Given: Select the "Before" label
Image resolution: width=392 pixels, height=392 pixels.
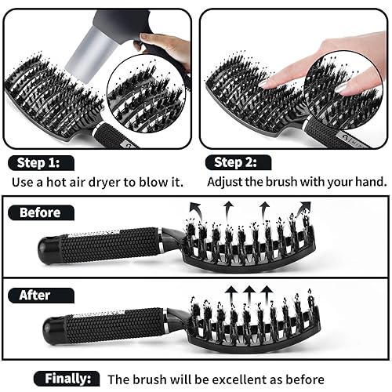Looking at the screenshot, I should point(39,212).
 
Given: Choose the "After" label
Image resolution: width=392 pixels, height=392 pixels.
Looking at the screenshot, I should point(36,295).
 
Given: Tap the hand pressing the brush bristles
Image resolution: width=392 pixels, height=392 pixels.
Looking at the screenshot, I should point(314,63).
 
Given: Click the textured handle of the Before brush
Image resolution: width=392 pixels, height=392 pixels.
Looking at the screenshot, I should point(110,247).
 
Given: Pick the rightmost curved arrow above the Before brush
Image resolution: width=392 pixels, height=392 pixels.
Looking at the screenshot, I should point(302,209).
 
